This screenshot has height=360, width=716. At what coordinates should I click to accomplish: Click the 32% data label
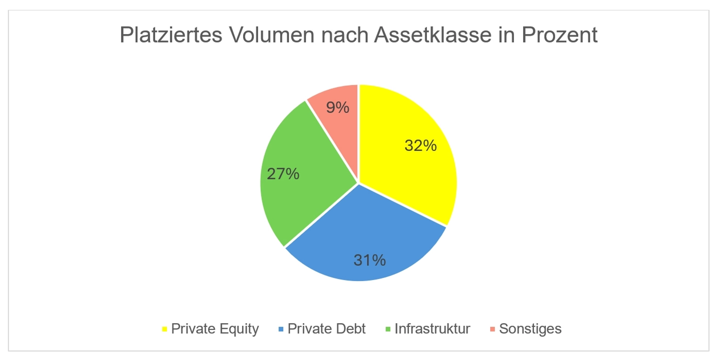click(x=420, y=145)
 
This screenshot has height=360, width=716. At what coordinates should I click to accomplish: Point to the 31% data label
click(x=369, y=260)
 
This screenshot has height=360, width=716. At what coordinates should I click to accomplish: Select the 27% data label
click(x=283, y=174)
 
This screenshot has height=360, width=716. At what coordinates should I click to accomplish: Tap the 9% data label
click(x=337, y=107)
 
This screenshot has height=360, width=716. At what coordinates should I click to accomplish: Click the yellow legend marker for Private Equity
click(x=164, y=329)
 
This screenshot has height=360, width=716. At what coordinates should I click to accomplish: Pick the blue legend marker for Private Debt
click(x=281, y=329)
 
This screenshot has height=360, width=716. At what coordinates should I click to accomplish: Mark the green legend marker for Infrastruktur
click(x=388, y=329)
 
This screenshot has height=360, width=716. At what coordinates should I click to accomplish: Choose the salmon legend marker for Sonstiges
click(x=492, y=329)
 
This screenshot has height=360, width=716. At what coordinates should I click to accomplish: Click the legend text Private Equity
click(x=215, y=329)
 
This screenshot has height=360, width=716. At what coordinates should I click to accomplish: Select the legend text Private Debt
click(x=326, y=329)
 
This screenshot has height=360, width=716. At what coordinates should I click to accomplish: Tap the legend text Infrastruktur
click(x=432, y=329)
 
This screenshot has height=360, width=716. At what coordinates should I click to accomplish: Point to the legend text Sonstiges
click(x=530, y=329)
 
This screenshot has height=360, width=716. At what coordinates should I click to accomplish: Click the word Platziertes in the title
click(x=171, y=35)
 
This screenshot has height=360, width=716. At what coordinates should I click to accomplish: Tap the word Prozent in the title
click(x=559, y=35)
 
